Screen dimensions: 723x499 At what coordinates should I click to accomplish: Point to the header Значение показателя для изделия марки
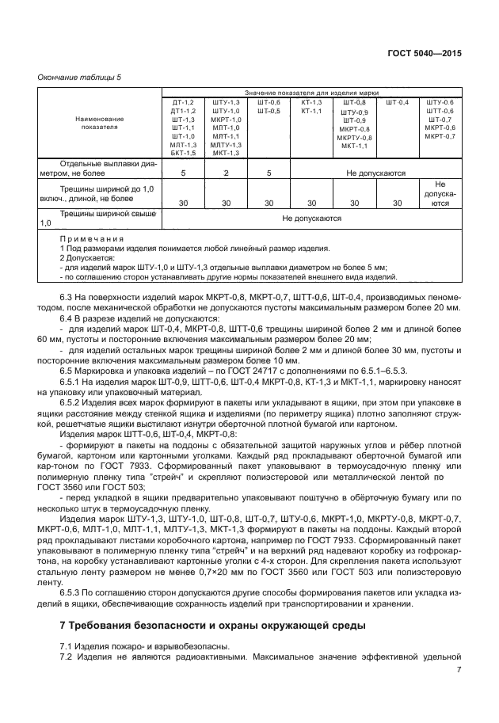pyautogui.click(x=311, y=93)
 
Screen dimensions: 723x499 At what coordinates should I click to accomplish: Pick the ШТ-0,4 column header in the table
pyautogui.click(x=398, y=102)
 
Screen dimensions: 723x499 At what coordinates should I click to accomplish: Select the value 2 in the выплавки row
pyautogui.click(x=226, y=173)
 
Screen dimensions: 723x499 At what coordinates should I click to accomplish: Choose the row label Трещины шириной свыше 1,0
pyautogui.click(x=99, y=219)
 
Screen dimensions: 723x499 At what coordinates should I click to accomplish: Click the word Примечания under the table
pyautogui.click(x=92, y=238)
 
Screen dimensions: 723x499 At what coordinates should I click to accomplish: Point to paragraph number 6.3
pyautogui.click(x=68, y=296)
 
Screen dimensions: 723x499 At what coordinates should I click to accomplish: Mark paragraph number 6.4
pyautogui.click(x=68, y=316)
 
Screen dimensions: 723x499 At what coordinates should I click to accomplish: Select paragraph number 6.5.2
pyautogui.click(x=73, y=404)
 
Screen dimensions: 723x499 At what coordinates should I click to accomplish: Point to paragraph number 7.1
pyautogui.click(x=68, y=645)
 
